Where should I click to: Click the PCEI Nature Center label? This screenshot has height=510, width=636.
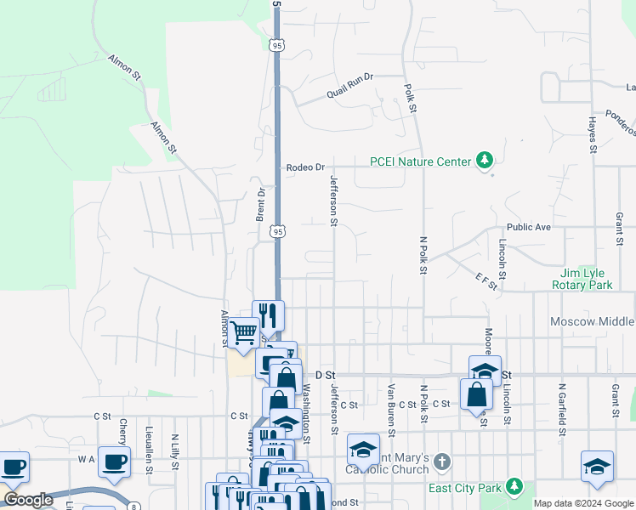[420, 161]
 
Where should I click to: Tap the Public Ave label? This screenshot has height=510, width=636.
[529, 228]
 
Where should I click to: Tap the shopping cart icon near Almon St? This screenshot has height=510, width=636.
[244, 332]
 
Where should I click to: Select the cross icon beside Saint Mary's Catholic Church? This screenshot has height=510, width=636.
[440, 462]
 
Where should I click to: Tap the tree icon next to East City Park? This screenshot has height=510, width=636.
[514, 486]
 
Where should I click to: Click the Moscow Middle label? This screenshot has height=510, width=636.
[592, 322]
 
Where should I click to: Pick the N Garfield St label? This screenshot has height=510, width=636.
[562, 404]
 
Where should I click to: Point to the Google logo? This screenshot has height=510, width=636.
[29, 500]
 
